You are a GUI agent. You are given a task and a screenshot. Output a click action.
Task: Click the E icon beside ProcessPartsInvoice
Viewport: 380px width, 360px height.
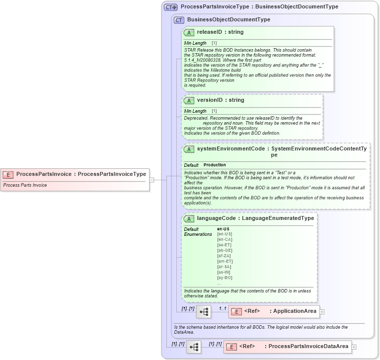(x=8, y=174)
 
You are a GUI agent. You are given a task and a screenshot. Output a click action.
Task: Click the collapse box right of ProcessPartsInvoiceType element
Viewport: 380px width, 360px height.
(x=152, y=180)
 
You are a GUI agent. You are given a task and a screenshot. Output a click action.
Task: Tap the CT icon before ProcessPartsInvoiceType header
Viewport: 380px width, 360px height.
(x=171, y=7)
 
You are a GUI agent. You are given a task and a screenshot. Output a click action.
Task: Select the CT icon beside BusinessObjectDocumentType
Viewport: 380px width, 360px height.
(x=179, y=20)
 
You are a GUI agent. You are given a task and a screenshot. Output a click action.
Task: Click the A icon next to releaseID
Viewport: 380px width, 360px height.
(x=189, y=32)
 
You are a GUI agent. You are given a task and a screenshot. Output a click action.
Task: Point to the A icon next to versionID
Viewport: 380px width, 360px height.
(x=189, y=100)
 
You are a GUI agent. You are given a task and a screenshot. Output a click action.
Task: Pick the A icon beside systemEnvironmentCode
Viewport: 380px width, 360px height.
(x=189, y=149)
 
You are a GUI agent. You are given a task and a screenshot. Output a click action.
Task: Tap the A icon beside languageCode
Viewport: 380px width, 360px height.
(x=189, y=218)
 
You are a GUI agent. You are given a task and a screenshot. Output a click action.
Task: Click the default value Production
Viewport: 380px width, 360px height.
(x=215, y=165)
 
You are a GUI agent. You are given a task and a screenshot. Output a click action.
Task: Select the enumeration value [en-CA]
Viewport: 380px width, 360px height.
(x=225, y=239)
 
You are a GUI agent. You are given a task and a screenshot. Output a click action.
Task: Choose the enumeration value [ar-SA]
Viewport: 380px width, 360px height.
(x=225, y=267)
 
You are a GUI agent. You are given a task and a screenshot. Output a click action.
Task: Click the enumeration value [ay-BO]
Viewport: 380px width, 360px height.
(x=225, y=278)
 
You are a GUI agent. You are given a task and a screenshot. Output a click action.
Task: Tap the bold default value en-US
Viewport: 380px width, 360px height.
(x=223, y=229)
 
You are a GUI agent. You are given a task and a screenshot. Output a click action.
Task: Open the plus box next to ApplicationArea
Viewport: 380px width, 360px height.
(x=322, y=312)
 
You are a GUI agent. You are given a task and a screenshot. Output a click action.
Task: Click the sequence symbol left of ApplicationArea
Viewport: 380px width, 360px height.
(x=204, y=312)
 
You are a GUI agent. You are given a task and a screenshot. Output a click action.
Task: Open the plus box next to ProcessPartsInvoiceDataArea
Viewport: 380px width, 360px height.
(x=354, y=347)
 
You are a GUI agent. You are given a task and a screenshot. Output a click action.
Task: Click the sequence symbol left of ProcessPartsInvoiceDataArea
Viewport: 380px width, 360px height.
(x=194, y=347)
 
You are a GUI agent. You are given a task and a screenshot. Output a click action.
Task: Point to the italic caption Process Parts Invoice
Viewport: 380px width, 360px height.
(x=25, y=185)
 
